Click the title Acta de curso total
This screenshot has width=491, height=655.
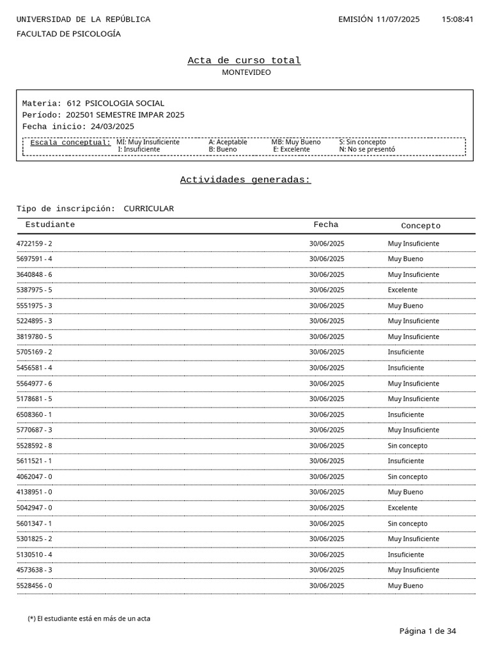244,61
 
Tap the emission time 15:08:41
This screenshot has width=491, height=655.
457,19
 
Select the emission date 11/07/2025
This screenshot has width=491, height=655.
398,19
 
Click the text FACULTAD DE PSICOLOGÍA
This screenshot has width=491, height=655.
68,34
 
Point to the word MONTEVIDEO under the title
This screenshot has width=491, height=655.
246,72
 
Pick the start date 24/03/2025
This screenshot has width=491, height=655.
113,126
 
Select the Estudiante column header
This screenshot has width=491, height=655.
50,225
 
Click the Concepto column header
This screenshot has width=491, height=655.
421,226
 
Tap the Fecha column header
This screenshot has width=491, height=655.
325,225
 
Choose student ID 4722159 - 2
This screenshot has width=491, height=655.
35,244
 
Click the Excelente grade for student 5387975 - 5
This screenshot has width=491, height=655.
402,290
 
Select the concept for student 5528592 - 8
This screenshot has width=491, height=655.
407,446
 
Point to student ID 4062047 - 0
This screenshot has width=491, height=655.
35,477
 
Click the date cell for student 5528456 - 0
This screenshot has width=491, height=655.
327,586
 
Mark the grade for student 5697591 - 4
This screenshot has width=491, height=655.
405,259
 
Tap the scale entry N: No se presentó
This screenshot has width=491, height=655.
367,150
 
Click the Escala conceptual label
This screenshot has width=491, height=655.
70,143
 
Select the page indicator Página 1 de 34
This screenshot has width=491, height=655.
428,631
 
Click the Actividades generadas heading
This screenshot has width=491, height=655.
245,180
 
